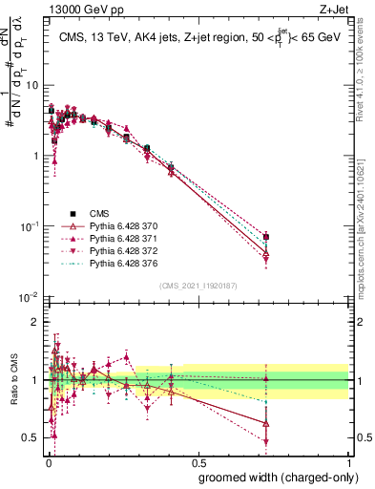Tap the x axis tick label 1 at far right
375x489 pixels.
tap(348, 459)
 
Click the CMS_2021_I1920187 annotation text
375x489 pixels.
tap(198, 286)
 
